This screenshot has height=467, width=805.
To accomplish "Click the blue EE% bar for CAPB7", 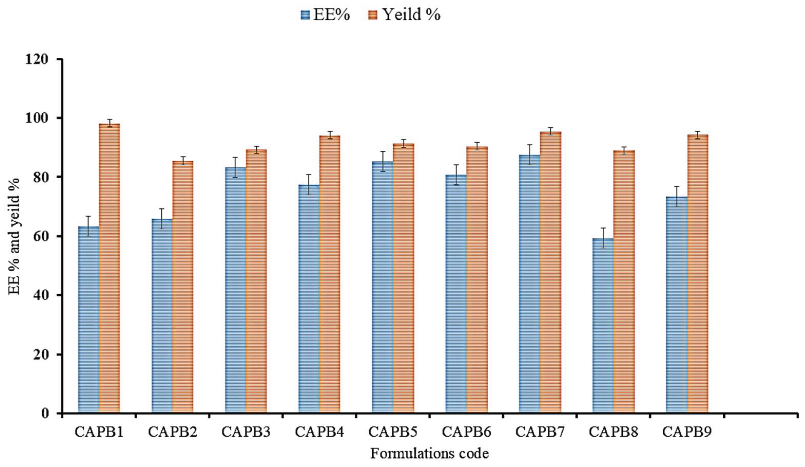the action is (x=529, y=284).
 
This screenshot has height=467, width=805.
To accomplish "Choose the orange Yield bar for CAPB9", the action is (x=698, y=274).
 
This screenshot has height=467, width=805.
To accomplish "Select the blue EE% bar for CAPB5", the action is (x=382, y=287).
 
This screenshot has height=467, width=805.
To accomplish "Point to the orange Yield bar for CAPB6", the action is (x=477, y=280).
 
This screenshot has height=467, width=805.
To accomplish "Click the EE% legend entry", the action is (x=325, y=15).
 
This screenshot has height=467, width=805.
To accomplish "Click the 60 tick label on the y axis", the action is (x=41, y=236).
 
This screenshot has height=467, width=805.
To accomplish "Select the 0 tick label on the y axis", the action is (x=46, y=413).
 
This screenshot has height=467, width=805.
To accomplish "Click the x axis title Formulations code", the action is (x=430, y=454).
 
